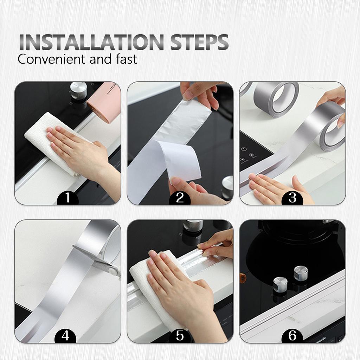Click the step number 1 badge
point(67,198)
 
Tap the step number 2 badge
point(180,198)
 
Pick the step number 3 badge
point(292,198)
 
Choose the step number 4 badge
point(65,336)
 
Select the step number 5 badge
point(180,336)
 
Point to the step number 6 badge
point(292,336)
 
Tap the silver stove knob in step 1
point(78,90)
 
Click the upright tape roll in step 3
point(276,98)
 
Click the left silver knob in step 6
point(280,284)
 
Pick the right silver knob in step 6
point(301,273)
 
